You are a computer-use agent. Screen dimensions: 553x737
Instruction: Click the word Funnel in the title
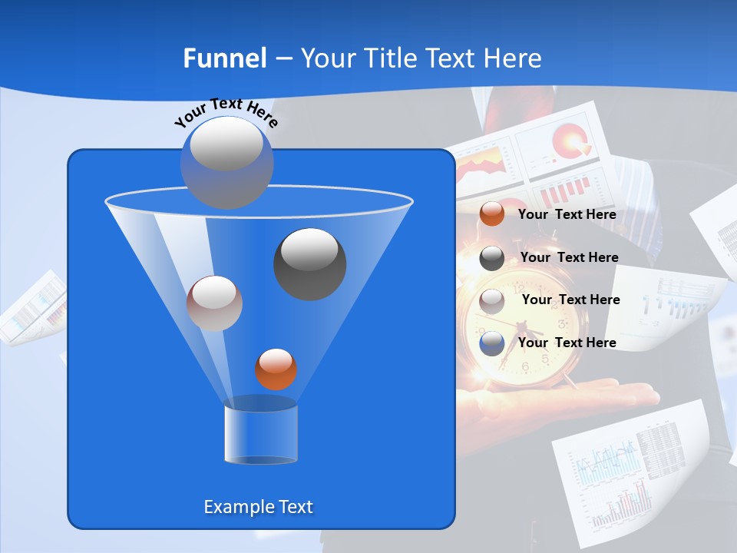[224, 58]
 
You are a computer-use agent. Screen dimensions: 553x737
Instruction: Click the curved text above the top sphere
[226, 111]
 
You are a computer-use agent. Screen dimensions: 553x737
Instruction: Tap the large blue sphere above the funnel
[226, 162]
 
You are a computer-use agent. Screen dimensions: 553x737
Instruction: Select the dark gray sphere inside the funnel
[309, 263]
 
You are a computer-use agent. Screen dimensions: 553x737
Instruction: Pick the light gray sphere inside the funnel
[214, 303]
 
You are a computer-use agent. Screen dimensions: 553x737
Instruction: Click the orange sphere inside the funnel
[276, 369]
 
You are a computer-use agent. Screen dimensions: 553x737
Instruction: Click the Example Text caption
[258, 507]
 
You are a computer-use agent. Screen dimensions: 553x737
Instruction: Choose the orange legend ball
[492, 214]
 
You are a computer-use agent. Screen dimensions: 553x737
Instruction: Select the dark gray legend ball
[492, 258]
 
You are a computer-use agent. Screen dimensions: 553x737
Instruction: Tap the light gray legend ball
[492, 301]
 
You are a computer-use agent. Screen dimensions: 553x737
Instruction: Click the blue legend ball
[492, 343]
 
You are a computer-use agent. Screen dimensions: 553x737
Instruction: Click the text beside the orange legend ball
[567, 215]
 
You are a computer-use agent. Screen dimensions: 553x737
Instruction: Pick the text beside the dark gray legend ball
[569, 257]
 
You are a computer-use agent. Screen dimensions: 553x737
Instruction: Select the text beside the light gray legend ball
[570, 300]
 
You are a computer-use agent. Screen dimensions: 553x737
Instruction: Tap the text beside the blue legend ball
[567, 343]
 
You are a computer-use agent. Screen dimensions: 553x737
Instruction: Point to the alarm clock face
[530, 330]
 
